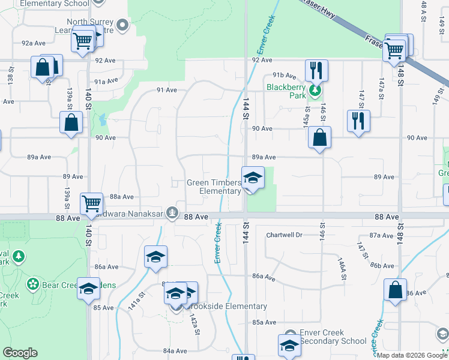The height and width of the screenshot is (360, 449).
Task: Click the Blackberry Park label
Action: point(286,86)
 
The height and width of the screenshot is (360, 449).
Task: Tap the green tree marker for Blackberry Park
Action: point(315,91)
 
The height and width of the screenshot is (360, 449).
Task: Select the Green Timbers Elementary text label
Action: point(214,187)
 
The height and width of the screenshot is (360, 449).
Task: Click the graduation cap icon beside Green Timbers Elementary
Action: point(253,178)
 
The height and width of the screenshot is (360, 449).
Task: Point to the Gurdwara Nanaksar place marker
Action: point(173,212)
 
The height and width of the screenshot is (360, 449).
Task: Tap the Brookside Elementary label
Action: point(231,307)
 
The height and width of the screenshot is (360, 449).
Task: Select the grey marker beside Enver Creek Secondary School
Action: point(291,335)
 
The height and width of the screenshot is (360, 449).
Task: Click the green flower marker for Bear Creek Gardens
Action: point(33,283)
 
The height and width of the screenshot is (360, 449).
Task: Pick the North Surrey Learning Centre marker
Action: point(123,25)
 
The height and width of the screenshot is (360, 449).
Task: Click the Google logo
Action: point(20,353)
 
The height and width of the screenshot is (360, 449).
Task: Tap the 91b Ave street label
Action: point(285,76)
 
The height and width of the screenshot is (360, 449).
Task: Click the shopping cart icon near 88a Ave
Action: point(91,204)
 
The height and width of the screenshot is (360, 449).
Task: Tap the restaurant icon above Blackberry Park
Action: point(316,71)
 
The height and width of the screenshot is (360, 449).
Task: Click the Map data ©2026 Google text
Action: point(412,355)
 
